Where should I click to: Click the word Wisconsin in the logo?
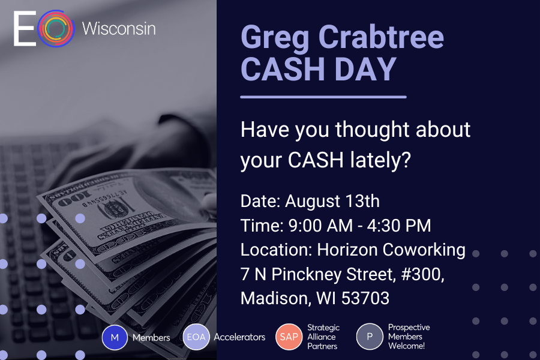[119, 28]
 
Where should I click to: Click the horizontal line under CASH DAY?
[323, 97]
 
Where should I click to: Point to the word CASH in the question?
[316, 160]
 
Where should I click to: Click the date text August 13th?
[332, 201]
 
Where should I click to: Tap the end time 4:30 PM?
[399, 226]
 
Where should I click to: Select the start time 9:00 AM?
[320, 226]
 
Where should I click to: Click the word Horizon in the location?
[347, 250]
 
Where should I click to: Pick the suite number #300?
[422, 275]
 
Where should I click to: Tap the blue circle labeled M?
[115, 338]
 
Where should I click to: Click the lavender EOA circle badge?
[196, 337]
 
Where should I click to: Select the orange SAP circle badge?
[289, 337]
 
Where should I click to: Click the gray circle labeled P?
[370, 337]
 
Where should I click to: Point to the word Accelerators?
[239, 337]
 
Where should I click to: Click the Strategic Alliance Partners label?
[323, 337]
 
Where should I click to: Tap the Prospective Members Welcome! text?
[409, 337]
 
